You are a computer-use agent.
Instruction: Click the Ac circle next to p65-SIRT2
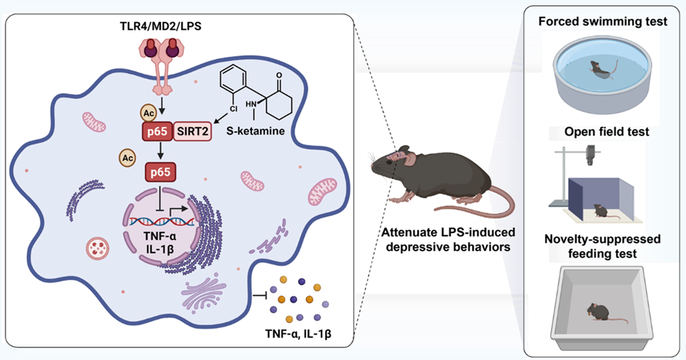(148, 111)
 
